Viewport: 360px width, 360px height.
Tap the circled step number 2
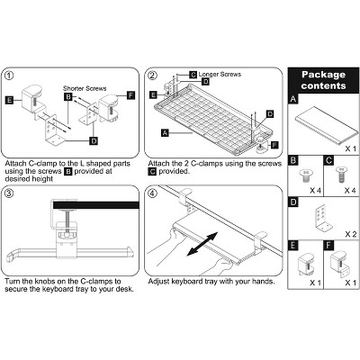(153, 76)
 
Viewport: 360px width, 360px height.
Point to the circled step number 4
(153, 193)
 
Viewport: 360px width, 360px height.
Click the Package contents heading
(323, 80)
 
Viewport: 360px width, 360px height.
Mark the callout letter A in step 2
(164, 131)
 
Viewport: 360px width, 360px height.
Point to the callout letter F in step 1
(131, 95)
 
